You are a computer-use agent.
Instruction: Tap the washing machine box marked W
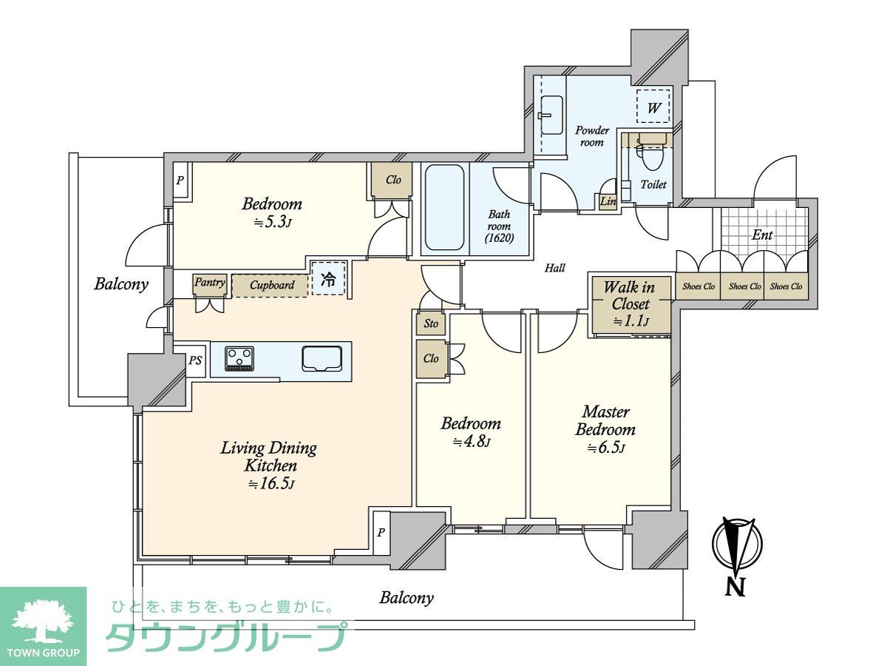653,106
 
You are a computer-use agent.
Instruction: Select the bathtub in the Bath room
444,206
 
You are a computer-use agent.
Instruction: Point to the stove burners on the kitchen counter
239,358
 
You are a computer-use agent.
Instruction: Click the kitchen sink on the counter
322,358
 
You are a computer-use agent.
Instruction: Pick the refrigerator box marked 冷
329,278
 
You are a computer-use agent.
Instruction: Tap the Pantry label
209,282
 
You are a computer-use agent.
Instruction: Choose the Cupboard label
272,286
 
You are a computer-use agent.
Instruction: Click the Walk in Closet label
631,295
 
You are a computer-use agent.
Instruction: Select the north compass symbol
737,555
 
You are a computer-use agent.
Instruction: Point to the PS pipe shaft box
196,360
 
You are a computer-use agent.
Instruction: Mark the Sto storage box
431,323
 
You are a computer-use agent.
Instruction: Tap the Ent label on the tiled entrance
761,235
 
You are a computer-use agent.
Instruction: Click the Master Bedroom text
605,420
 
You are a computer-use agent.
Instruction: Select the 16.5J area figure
271,484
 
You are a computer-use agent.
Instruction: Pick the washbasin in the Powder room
551,115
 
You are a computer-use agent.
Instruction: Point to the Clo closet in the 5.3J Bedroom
392,180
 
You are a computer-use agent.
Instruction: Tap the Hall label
554,268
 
